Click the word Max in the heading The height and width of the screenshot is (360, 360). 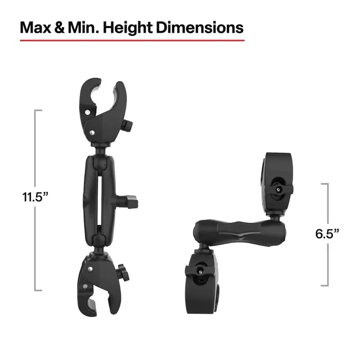coord(35,28)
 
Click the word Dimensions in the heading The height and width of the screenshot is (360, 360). coord(202,28)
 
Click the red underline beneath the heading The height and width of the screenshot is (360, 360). coord(132,40)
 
